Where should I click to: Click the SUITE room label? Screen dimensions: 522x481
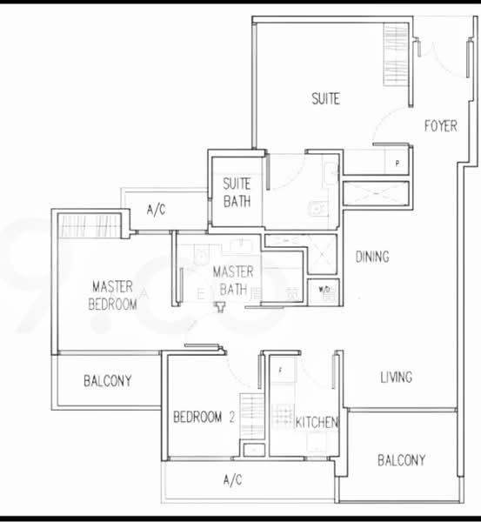(x=325, y=99)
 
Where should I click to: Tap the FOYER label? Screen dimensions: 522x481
(x=440, y=126)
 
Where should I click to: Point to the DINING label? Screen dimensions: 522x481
(x=372, y=257)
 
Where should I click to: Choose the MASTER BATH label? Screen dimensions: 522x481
(x=233, y=280)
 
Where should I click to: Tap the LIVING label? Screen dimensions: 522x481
(x=396, y=378)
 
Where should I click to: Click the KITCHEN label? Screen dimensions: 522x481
(x=317, y=422)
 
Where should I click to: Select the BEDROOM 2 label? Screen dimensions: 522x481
(x=204, y=417)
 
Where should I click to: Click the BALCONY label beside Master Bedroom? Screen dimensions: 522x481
(x=107, y=380)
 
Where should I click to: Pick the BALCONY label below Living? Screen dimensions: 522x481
(x=401, y=460)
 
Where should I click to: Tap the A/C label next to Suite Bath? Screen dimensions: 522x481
(x=156, y=210)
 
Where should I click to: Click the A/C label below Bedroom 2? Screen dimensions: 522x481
(x=232, y=479)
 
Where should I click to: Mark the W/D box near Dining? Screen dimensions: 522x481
(x=324, y=289)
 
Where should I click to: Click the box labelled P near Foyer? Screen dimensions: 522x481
(x=397, y=163)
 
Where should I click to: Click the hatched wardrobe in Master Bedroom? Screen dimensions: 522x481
(x=91, y=224)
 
